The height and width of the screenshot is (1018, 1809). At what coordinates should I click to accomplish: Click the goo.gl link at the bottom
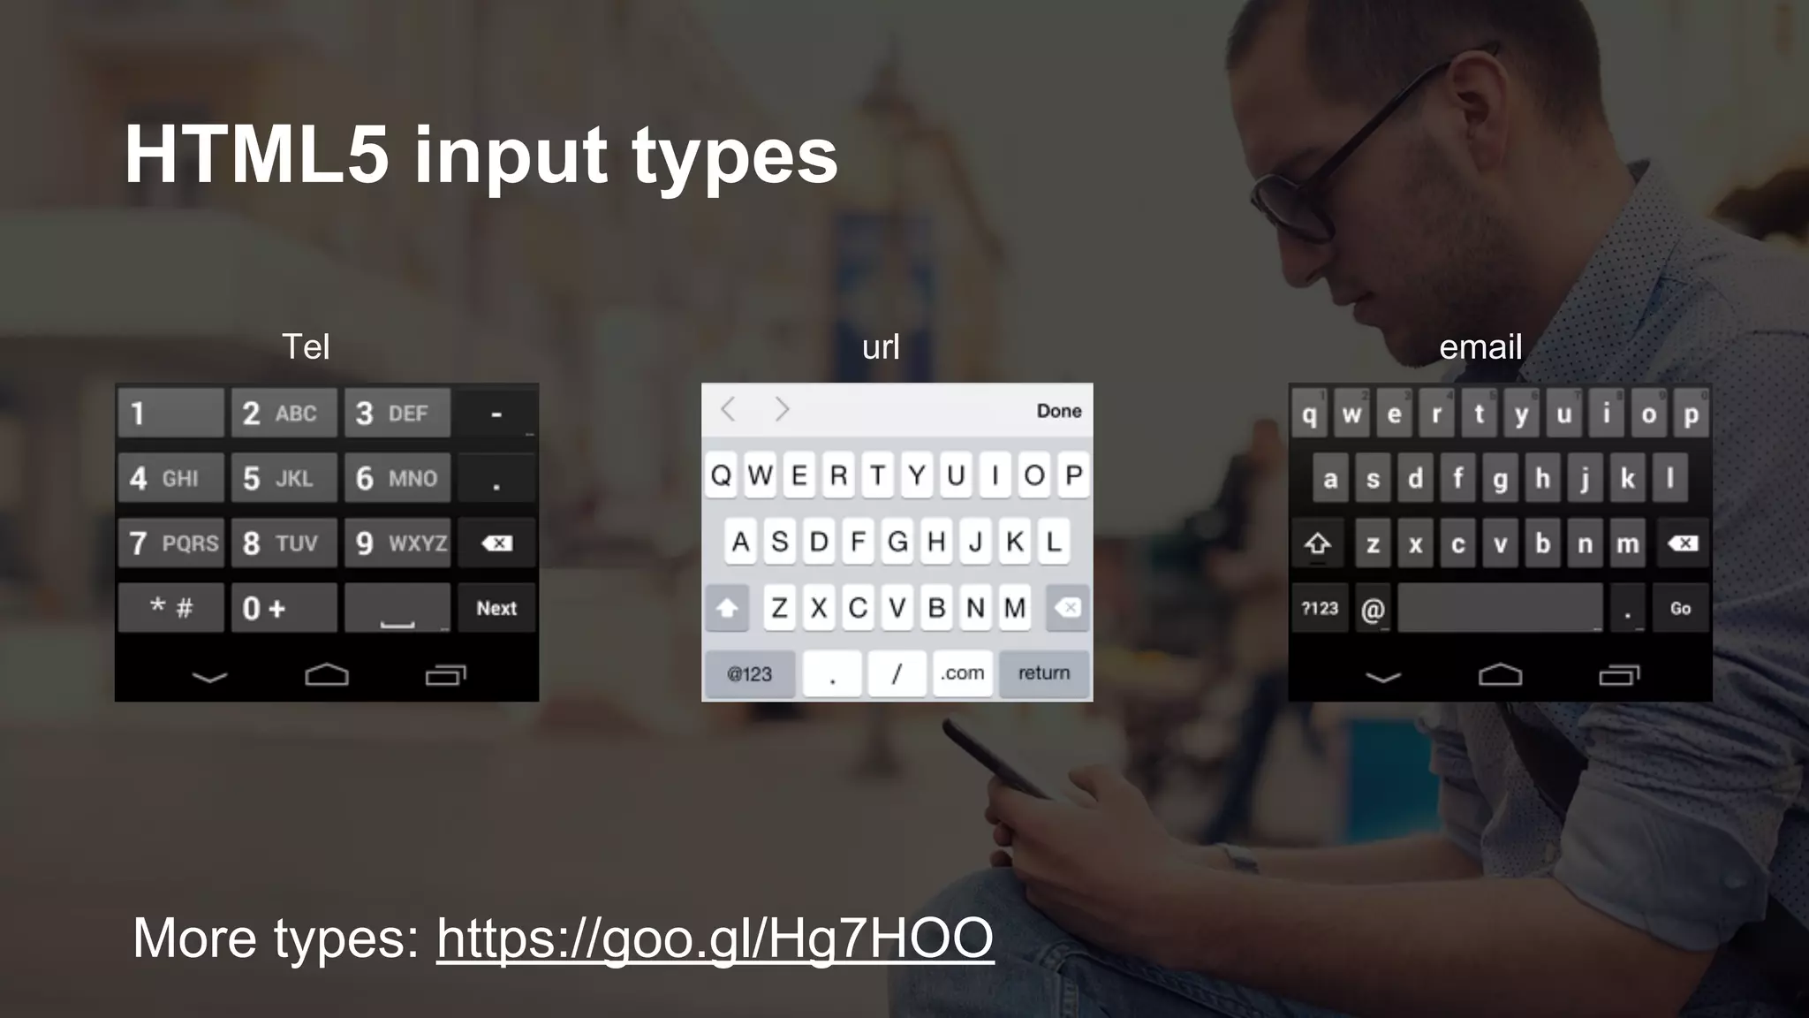715,938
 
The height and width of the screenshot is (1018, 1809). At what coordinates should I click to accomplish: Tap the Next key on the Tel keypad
496,608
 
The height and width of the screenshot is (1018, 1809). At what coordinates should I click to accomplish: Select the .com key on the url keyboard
962,673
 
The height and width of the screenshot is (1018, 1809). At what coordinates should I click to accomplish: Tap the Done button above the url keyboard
1058,411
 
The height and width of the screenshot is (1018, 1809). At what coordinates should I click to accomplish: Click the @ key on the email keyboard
1372,609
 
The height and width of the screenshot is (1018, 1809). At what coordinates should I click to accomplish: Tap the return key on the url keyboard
1044,673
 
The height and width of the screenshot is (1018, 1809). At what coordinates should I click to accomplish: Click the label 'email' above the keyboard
1480,346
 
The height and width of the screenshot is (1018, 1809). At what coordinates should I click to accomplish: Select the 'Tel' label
306,346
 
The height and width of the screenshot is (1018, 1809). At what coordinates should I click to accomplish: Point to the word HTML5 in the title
257,155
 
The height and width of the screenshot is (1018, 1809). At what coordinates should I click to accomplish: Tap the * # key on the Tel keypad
171,608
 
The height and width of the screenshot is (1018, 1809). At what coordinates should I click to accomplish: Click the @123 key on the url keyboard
749,673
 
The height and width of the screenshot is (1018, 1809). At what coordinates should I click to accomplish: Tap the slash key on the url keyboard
897,673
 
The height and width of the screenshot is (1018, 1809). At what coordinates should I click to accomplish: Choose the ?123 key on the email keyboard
1320,608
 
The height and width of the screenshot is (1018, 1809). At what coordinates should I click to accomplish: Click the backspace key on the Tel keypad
496,543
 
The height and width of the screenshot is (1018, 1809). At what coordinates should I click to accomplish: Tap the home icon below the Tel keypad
327,675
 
